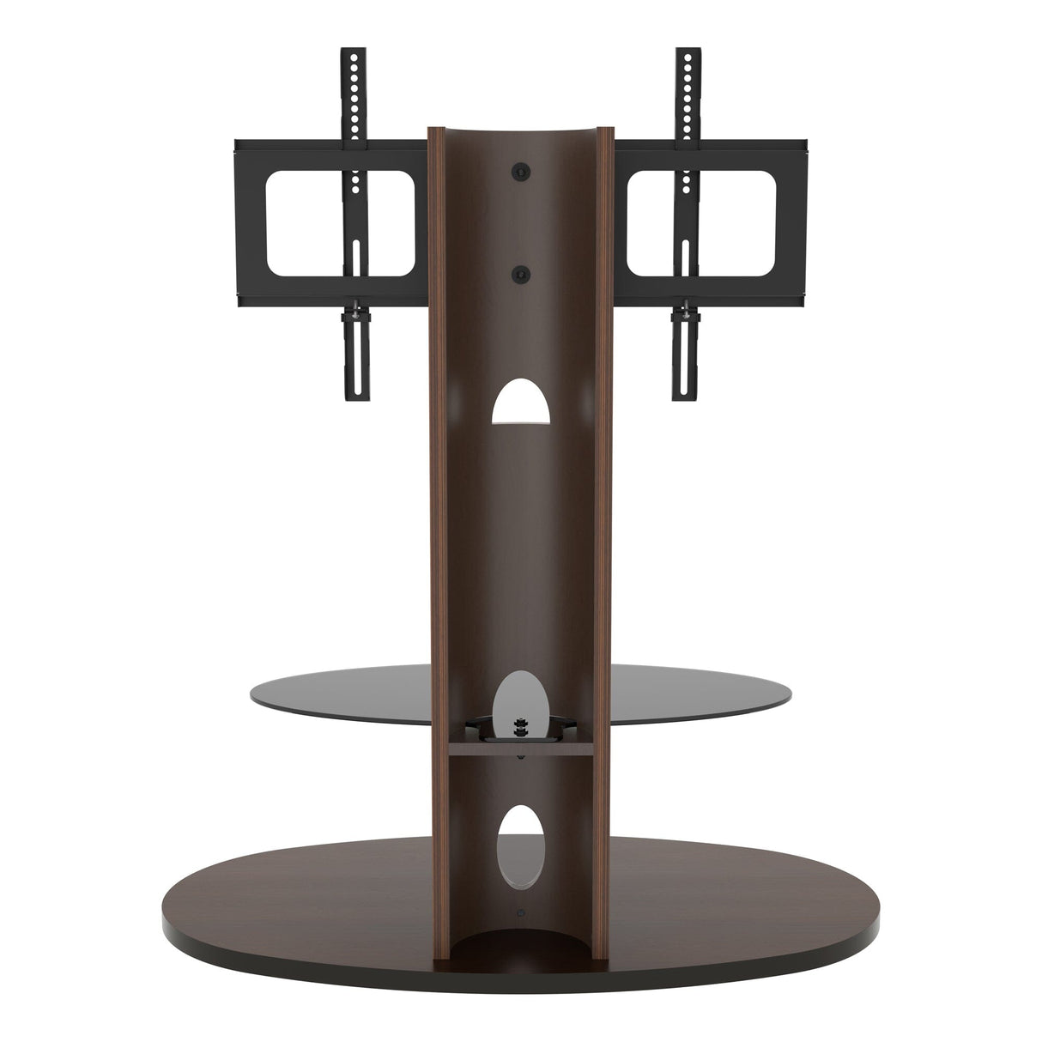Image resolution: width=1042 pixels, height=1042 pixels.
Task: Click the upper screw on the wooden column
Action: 520,172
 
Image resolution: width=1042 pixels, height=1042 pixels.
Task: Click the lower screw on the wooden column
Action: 520,273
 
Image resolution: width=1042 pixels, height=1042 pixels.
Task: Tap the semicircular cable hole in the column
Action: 519,403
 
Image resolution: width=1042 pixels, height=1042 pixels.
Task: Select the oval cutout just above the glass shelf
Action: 518,694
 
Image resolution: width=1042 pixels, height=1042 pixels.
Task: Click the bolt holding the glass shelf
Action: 518,727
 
